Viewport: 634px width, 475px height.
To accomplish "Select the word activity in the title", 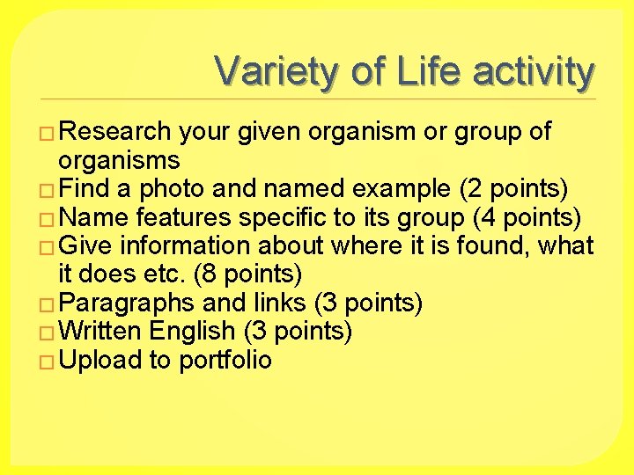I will pos(534,72).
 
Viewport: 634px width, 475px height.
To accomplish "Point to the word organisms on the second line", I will pos(119,160).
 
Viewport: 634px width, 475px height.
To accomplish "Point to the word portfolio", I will pos(225,360).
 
